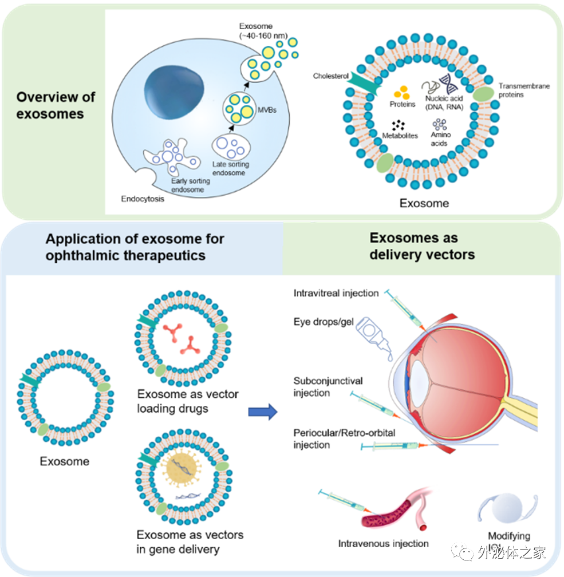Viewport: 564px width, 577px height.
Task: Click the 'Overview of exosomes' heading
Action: click(x=56, y=105)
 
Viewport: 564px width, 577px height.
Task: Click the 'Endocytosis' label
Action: click(x=142, y=199)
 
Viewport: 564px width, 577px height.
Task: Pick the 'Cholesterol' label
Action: click(x=331, y=76)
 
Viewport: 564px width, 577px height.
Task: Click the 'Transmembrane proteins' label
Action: click(x=523, y=90)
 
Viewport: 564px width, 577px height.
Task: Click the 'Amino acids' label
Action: click(x=440, y=139)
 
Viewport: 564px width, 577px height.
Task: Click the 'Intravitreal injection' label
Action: click(x=336, y=293)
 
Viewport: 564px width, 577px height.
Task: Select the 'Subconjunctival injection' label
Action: click(x=328, y=387)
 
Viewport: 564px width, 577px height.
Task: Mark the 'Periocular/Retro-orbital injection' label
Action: click(x=344, y=438)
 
